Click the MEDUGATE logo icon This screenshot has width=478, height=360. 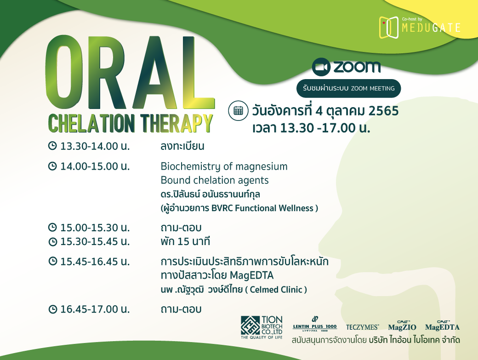tap(389, 28)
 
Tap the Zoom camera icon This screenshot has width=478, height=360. tap(321, 67)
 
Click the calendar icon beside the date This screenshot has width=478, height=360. tap(238, 110)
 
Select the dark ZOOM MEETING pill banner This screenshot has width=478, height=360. tap(348, 88)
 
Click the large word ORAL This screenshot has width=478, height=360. tap(130, 73)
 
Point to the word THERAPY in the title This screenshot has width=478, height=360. tap(176, 123)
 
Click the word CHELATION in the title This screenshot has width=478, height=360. tap(91, 123)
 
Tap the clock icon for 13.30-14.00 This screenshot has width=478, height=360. tap(52, 146)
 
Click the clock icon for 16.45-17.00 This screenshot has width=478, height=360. tap(52, 309)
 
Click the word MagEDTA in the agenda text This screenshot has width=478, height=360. tap(251, 275)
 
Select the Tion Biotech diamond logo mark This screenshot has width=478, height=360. tap(250, 325)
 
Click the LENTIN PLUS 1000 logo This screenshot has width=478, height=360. tap(314, 325)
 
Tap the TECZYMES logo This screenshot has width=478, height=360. tap(363, 327)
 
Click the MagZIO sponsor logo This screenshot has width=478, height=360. tap(402, 326)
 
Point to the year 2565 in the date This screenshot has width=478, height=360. tap(383, 111)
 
